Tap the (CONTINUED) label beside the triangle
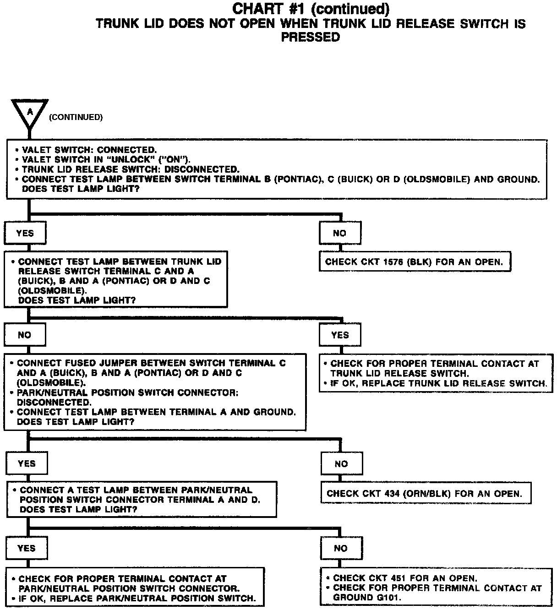point(76,117)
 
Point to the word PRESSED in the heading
point(310,38)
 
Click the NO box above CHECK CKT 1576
point(339,233)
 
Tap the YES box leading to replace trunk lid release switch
point(340,335)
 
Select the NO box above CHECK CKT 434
point(341,464)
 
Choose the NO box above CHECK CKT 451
point(341,548)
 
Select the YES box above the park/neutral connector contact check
point(26,548)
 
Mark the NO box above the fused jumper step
point(24,335)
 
